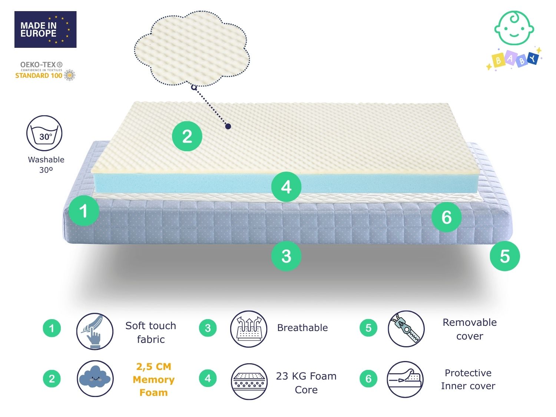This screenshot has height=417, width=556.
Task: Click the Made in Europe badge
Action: pyautogui.click(x=45, y=29)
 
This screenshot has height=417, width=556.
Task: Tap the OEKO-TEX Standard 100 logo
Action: pyautogui.click(x=45, y=71)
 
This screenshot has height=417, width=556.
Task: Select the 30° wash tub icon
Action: pyautogui.click(x=44, y=133)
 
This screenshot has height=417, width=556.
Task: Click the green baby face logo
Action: pyautogui.click(x=514, y=28)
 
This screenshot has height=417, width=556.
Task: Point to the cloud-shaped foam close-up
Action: pyautogui.click(x=192, y=48)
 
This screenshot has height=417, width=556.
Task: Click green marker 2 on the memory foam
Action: pyautogui.click(x=187, y=136)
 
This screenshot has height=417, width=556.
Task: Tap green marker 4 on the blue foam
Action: pyautogui.click(x=286, y=187)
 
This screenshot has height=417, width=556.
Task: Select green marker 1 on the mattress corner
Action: pyautogui.click(x=84, y=211)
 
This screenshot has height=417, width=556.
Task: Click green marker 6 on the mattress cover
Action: pyautogui.click(x=446, y=217)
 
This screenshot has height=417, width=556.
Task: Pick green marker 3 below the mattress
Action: pyautogui.click(x=286, y=256)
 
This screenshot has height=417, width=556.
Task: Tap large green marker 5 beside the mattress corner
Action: pyautogui.click(x=505, y=256)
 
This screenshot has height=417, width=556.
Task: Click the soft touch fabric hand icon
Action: pyautogui.click(x=95, y=331)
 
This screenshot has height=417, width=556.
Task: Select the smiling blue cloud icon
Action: pyautogui.click(x=95, y=378)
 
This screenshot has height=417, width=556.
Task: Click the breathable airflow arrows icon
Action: pyautogui.click(x=248, y=329)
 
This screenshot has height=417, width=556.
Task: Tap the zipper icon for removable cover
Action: pyautogui.click(x=406, y=329)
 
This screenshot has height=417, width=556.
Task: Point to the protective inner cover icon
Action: pyautogui.click(x=405, y=379)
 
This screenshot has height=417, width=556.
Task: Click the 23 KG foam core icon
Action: pyautogui.click(x=249, y=381)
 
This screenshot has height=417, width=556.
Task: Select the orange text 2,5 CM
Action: pyautogui.click(x=154, y=367)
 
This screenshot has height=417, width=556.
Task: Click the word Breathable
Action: pyautogui.click(x=302, y=328)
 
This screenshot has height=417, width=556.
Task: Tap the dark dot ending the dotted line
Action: pyautogui.click(x=228, y=126)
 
